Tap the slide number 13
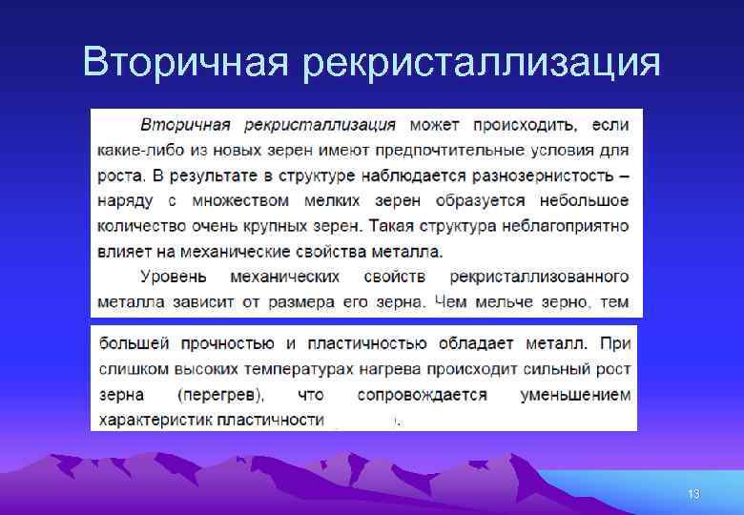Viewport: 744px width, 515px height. coord(693,494)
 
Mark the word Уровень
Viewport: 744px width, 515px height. coord(173,277)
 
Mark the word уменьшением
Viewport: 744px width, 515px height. coord(575,394)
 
